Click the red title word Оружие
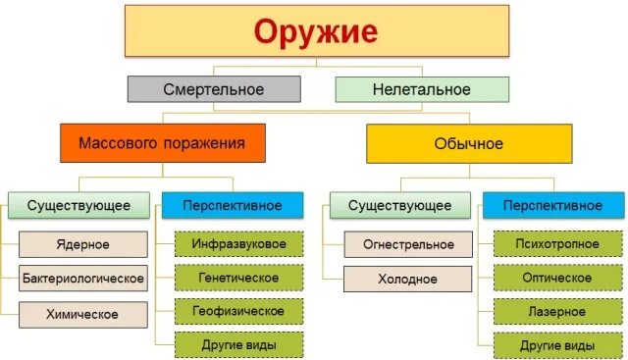click(x=315, y=31)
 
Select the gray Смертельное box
click(x=214, y=89)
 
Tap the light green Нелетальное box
click(x=422, y=89)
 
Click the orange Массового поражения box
click(x=163, y=143)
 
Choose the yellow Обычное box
click(x=468, y=143)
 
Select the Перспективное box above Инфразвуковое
click(x=232, y=205)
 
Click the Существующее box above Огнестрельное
click(x=403, y=205)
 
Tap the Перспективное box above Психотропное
click(x=552, y=205)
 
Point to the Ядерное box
click(x=83, y=244)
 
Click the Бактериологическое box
click(x=83, y=279)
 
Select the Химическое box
click(x=83, y=314)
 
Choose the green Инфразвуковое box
click(x=239, y=242)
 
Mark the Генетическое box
click(x=239, y=277)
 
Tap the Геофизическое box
click(x=239, y=311)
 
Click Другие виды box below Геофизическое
click(x=239, y=345)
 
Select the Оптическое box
click(x=557, y=278)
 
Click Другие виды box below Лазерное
click(x=557, y=346)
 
